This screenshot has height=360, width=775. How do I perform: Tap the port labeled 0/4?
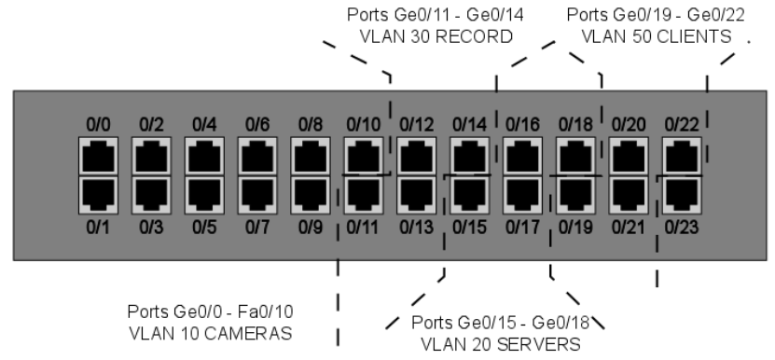click(203, 156)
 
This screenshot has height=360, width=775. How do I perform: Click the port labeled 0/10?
click(362, 156)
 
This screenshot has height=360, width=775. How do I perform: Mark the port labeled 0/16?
click(520, 156)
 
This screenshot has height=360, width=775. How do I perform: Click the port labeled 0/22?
click(680, 156)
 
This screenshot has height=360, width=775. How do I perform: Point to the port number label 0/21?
click(628, 226)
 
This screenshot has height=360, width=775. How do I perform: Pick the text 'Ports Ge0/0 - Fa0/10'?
click(215, 310)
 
